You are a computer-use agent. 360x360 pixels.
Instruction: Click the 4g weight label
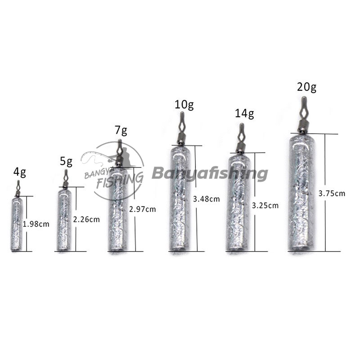tap(19, 172)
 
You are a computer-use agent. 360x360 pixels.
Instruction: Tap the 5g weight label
tap(66, 162)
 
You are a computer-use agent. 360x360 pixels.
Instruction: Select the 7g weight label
tap(121, 130)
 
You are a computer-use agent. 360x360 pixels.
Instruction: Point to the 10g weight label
tap(184, 105)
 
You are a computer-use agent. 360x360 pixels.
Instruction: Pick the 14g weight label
tap(244, 114)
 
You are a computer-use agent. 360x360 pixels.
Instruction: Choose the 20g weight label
tap(306, 87)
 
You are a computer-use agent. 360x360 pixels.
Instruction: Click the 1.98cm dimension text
tap(36, 224)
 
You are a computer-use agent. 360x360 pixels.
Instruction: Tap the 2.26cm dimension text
tap(86, 220)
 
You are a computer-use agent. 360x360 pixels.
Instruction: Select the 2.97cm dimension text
tap(142, 209)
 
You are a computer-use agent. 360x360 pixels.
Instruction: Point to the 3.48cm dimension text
tap(207, 199)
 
